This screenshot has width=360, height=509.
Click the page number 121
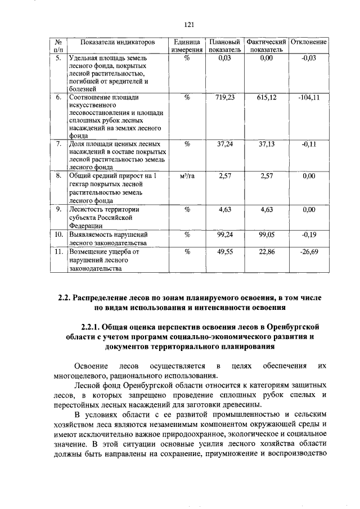pos(189,24)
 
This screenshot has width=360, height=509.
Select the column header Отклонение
pos(309,42)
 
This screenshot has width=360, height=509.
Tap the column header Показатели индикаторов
pos(117,42)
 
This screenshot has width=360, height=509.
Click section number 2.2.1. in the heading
pos(94,327)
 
